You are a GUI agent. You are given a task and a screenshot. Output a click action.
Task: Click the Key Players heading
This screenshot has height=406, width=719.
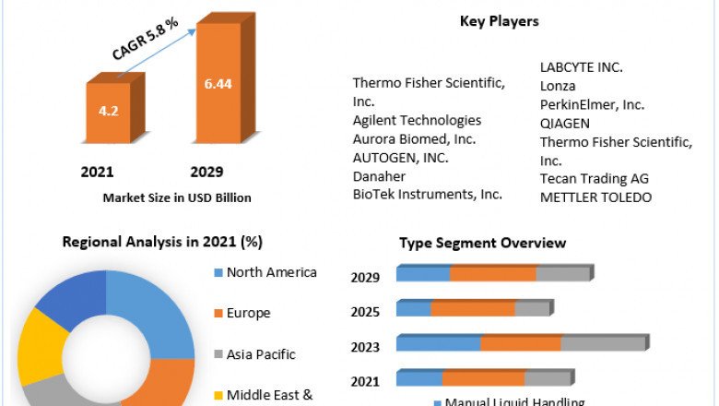[499, 21]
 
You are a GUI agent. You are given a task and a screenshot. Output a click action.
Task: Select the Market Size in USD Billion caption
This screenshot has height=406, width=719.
[177, 197]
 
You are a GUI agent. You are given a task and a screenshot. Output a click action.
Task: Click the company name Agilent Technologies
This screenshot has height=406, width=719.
[417, 120]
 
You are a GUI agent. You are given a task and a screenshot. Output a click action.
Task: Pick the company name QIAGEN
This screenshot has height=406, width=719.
[564, 123]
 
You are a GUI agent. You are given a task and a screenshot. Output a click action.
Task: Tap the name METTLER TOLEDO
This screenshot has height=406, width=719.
[595, 197]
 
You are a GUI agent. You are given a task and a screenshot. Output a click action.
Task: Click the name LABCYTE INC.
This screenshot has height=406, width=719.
[582, 67]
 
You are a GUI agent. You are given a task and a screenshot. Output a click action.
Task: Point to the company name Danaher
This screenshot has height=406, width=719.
[378, 175]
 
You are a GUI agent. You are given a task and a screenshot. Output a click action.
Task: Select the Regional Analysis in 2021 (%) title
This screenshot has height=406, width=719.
[162, 243]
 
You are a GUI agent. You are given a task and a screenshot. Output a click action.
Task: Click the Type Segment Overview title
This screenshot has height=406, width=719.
[482, 243]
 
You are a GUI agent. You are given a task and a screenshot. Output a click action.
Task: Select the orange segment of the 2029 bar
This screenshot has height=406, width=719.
[493, 274]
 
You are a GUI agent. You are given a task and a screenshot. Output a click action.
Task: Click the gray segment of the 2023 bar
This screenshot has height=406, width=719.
[603, 343]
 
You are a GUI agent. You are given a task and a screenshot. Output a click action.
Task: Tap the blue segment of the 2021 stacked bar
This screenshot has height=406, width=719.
[419, 377]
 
